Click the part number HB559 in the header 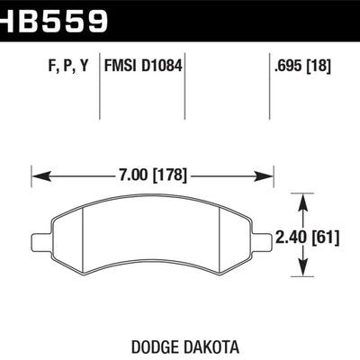point(54,18)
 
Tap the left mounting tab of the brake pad point(37,241)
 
